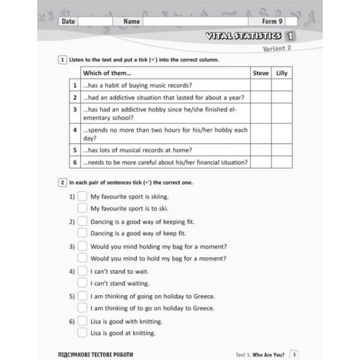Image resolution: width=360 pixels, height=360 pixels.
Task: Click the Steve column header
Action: tap(260, 73)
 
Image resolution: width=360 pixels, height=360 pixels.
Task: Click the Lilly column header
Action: tap(281, 73)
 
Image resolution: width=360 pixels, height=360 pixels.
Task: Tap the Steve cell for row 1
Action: tap(260, 86)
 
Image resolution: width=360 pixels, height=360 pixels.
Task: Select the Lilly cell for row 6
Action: tap(281, 162)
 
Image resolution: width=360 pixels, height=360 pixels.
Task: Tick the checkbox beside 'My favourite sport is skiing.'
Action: tap(82, 196)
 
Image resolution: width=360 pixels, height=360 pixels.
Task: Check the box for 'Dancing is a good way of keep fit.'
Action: tap(82, 233)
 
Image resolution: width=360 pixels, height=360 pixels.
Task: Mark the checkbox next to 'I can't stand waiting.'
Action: tap(82, 283)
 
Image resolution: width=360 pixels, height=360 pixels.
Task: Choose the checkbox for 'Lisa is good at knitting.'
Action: tap(82, 333)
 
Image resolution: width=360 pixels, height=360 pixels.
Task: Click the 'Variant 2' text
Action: tap(278, 49)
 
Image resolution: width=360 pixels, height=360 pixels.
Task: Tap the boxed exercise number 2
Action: tap(62, 182)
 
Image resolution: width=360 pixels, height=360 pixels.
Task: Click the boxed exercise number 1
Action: tap(62, 60)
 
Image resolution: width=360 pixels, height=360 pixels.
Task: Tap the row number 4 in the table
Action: tap(75, 130)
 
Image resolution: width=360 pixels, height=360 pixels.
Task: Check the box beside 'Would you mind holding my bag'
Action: tap(82, 247)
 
